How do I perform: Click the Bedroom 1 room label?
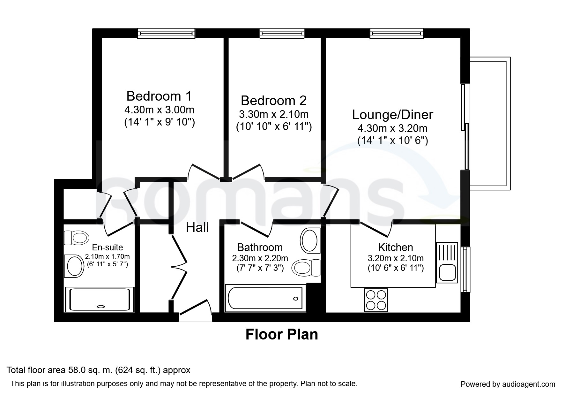click(x=159, y=96)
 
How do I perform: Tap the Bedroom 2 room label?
click(x=273, y=100)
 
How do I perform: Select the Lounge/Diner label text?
click(x=392, y=115)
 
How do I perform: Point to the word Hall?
click(x=197, y=227)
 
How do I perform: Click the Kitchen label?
click(x=396, y=247)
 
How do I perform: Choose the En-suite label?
click(x=108, y=247)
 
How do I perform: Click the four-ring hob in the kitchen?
click(x=376, y=300)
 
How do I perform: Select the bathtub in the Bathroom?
click(x=265, y=298)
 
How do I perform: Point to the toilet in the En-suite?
click(x=76, y=238)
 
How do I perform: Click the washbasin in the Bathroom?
click(x=310, y=240)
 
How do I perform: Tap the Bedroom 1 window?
click(x=166, y=33)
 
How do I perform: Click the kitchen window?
click(x=465, y=270)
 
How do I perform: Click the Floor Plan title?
click(x=282, y=334)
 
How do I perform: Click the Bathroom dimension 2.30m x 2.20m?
click(x=260, y=258)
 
